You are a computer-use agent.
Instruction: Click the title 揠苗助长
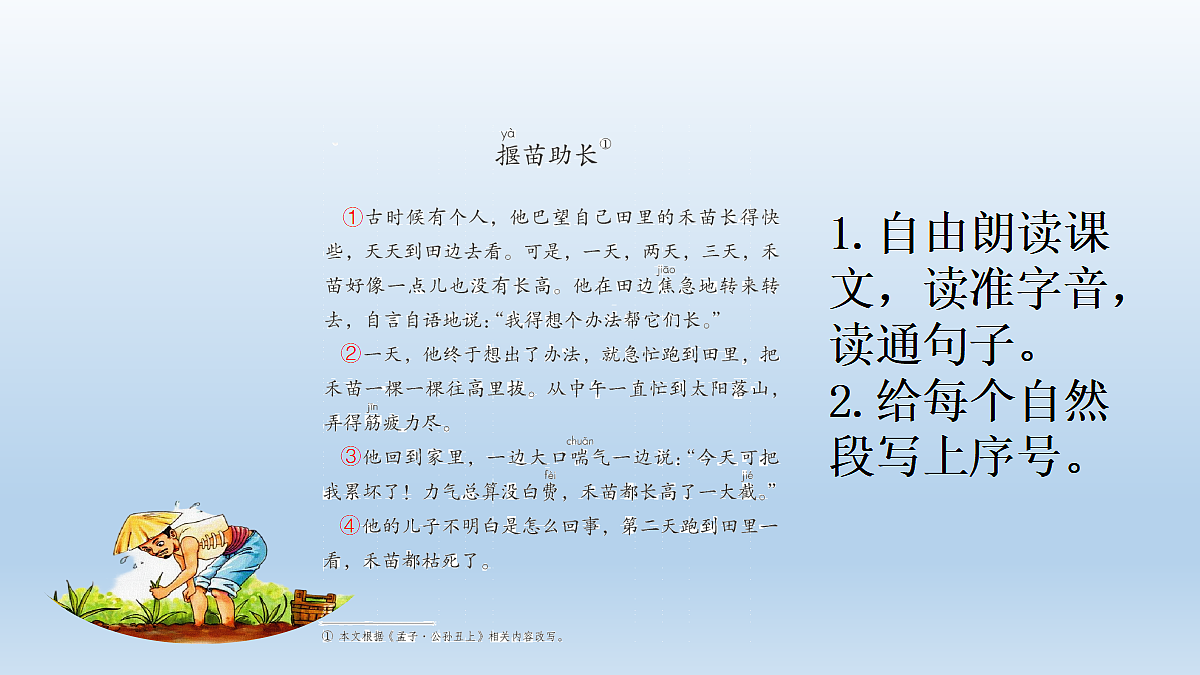pos(546,155)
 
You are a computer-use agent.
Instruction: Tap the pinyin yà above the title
pos(508,133)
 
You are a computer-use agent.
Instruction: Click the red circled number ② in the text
pos(351,353)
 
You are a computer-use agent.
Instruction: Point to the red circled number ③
pos(351,456)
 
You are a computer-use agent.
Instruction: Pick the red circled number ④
pos(349,525)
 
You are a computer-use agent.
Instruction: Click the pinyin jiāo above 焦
pos(666,269)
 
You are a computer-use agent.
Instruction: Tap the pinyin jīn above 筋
pos(373,407)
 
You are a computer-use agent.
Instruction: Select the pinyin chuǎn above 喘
pos(580,440)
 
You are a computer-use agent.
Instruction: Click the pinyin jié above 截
pos(747,475)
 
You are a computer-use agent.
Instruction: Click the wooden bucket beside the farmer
pos(313,607)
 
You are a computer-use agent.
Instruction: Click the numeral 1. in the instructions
pos(848,236)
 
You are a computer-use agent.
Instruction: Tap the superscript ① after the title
pos(605,145)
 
